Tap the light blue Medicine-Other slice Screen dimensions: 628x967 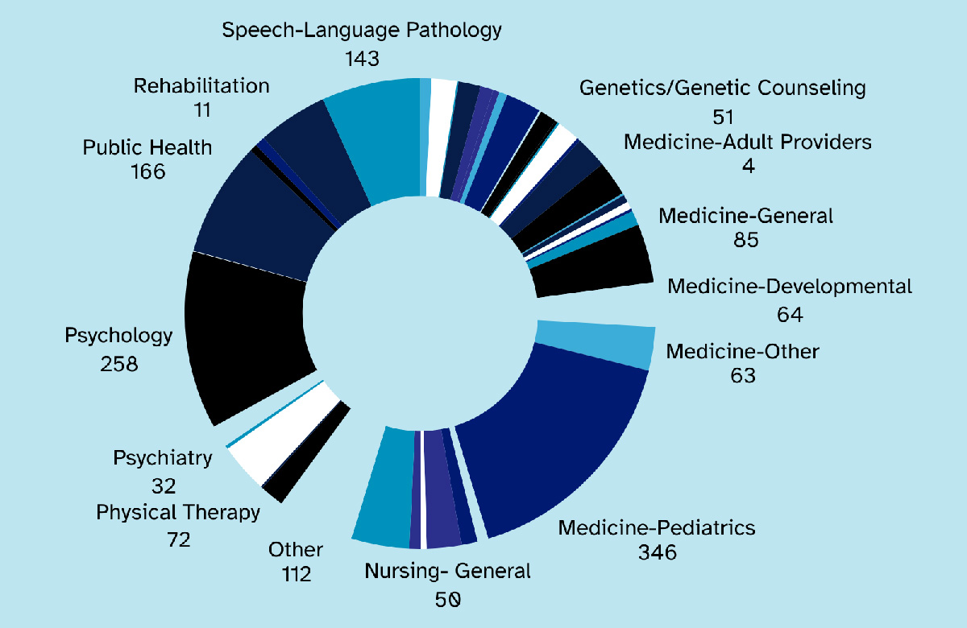pos(596,341)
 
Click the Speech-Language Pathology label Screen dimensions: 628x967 pos(362,31)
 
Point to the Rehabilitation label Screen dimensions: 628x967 pos(201,85)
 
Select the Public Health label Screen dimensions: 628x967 pos(147,147)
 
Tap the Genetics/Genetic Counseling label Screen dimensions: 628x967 pos(723,87)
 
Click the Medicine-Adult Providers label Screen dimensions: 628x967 pos(748,143)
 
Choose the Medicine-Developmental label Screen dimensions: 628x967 pos(790,287)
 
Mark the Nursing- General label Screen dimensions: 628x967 pos(448,572)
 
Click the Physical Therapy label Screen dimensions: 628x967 pos(178,512)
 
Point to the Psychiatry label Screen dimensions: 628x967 pos(163,458)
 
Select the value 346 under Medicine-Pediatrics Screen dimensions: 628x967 pos(656,553)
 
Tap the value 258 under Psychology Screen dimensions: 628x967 pos(119,364)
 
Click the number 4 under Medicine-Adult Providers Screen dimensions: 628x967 pos(749,167)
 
